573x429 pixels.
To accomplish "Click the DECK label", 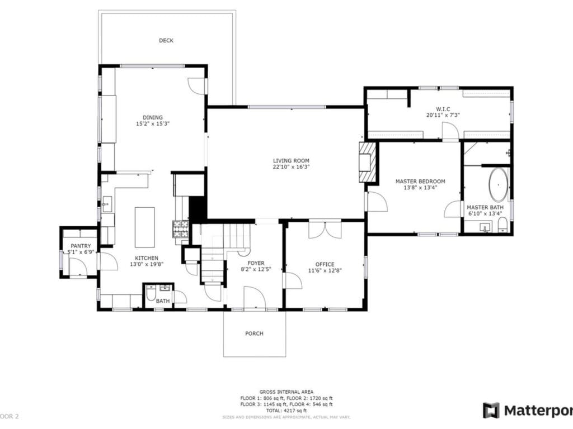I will pyautogui.click(x=166, y=40).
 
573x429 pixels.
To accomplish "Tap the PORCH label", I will pyautogui.click(x=254, y=333).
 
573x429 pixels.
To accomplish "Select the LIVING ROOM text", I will pyautogui.click(x=291, y=160).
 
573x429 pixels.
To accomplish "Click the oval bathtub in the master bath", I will pyautogui.click(x=498, y=185).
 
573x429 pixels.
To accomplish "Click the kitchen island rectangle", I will pyautogui.click(x=145, y=227).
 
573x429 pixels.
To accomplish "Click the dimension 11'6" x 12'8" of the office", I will pyautogui.click(x=325, y=270).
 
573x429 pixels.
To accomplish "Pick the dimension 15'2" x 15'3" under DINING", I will pyautogui.click(x=152, y=124).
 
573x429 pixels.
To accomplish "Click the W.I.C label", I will pyautogui.click(x=443, y=108).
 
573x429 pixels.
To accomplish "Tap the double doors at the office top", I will pyautogui.click(x=325, y=230).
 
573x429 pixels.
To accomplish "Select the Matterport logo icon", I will pyautogui.click(x=491, y=410).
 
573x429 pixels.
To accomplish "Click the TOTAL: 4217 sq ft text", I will pyautogui.click(x=286, y=411).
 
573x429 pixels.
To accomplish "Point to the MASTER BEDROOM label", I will pyautogui.click(x=420, y=181).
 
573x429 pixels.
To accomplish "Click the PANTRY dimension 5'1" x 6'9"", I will pyautogui.click(x=81, y=252).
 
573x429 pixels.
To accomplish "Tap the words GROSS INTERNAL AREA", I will pyautogui.click(x=286, y=392).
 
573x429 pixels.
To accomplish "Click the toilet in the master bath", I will pyautogui.click(x=502, y=225).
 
